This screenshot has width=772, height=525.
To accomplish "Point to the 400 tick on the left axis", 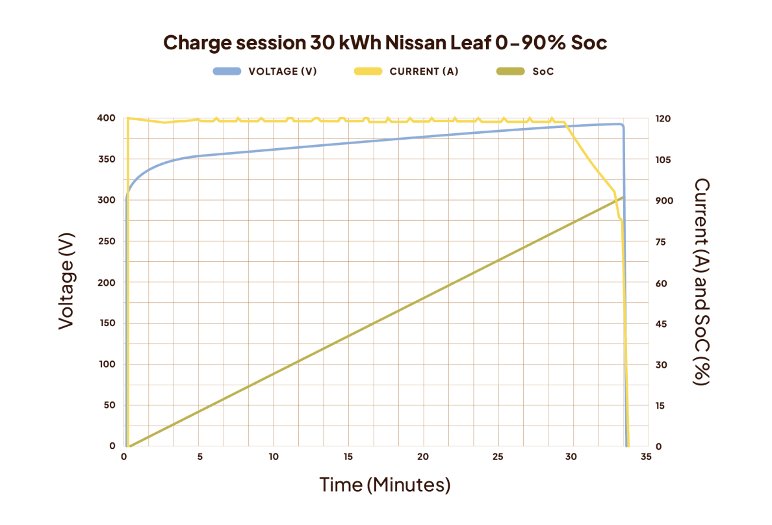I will [x=107, y=118].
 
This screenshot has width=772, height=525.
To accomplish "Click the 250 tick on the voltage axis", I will [x=107, y=242].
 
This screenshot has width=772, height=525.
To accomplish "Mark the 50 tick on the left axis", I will [x=109, y=405].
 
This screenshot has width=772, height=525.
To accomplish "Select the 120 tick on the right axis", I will [x=663, y=119].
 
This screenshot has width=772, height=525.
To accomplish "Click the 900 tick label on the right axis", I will [x=663, y=201].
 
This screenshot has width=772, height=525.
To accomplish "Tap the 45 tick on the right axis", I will [x=661, y=324].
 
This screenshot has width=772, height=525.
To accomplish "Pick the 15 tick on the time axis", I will [x=348, y=457].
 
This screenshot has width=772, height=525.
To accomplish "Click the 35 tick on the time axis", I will [x=646, y=457].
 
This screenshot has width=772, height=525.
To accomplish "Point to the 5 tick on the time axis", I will [x=199, y=457].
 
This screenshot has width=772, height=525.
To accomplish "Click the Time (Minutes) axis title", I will [x=385, y=485].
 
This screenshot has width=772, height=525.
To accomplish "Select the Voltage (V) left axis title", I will [x=66, y=281].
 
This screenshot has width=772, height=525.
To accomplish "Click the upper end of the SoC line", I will [x=623, y=197].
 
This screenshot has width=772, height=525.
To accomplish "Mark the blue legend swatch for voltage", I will [x=227, y=71].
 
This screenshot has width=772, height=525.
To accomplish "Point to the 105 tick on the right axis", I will [x=663, y=160].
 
